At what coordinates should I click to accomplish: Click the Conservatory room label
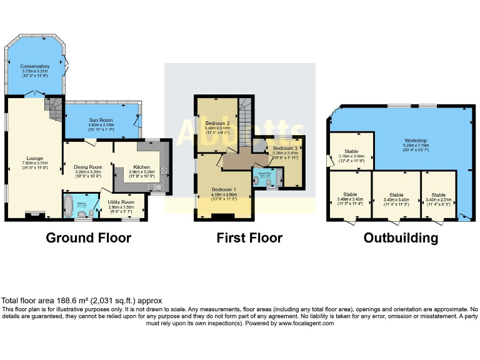(x=34, y=66)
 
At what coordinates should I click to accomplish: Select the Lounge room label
(x=34, y=158)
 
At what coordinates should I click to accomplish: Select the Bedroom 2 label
(x=216, y=124)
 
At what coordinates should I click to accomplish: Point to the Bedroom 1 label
(x=224, y=189)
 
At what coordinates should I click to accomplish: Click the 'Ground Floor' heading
(x=88, y=238)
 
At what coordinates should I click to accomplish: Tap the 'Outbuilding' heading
(x=401, y=238)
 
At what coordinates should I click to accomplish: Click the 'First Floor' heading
(x=249, y=238)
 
